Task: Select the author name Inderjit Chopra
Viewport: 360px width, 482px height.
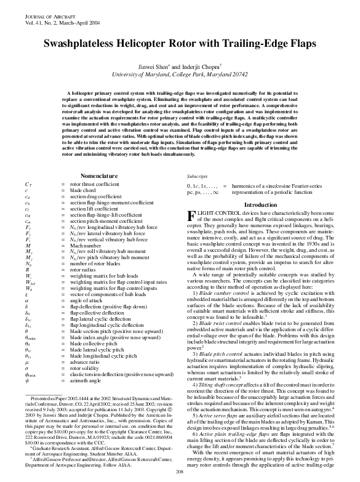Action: click(198, 66)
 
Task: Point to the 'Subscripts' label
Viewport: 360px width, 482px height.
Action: click(198, 176)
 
